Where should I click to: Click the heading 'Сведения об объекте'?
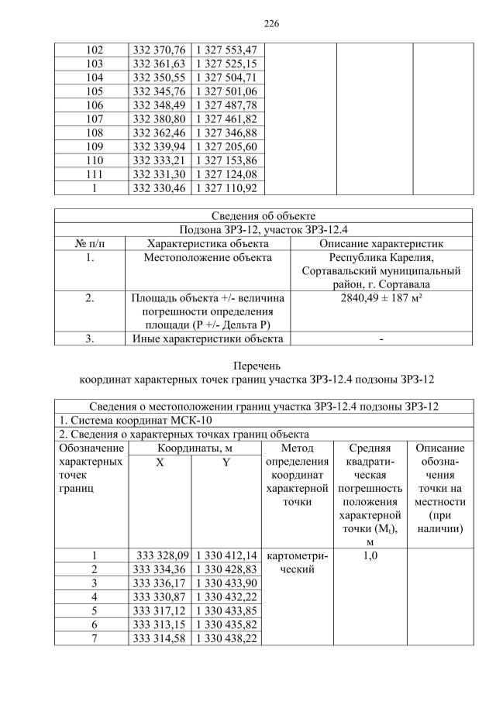tap(263, 215)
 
